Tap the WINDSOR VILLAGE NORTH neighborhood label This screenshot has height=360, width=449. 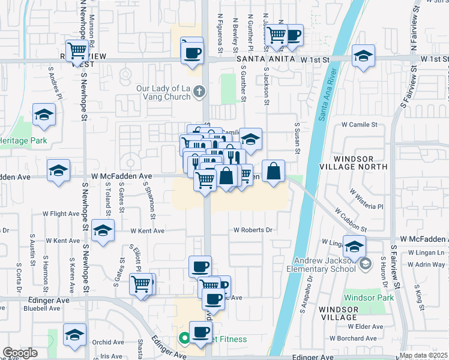coord(360,169)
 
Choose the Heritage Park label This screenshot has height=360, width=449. coord(24,140)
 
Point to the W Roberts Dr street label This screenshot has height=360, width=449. coord(253,230)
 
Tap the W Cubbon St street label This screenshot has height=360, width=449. coord(351,220)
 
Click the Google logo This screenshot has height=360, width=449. coord(20,353)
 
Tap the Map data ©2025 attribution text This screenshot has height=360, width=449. coord(423,355)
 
